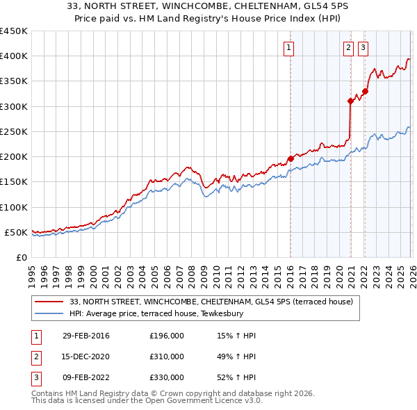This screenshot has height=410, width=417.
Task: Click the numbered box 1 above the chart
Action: [288, 48]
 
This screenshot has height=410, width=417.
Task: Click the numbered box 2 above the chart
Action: [347, 48]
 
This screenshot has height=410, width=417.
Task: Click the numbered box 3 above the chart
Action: [363, 48]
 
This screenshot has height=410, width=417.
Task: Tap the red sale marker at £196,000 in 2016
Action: [291, 159]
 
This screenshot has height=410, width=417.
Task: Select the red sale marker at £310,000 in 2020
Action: [350, 101]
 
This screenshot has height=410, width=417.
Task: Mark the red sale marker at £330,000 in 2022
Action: [365, 91]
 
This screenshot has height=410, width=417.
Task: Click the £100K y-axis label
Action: [14, 207]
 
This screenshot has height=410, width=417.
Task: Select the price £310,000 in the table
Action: [167, 356]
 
